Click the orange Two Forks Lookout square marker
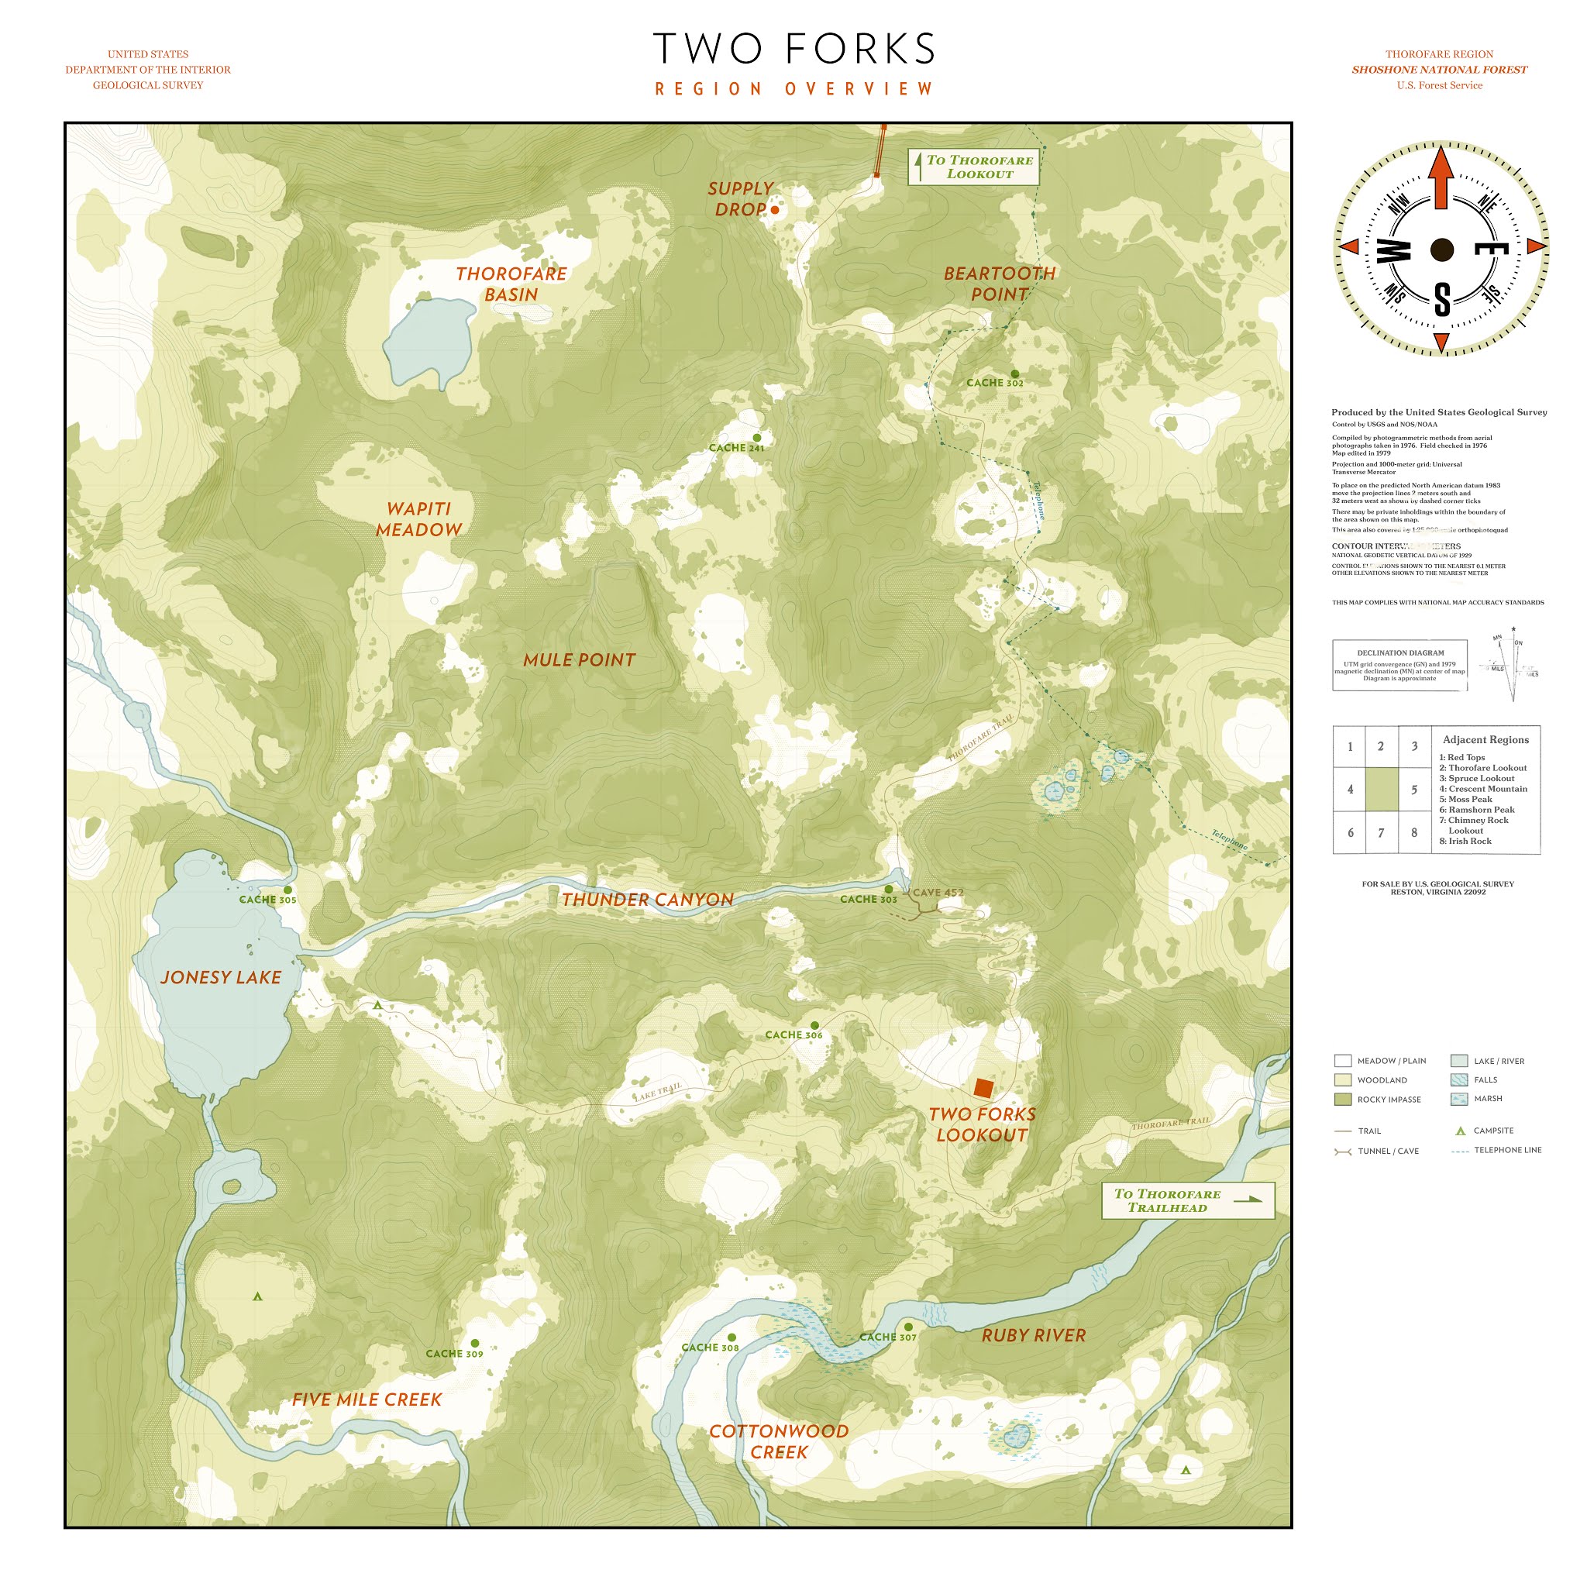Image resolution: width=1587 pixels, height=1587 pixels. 983,1089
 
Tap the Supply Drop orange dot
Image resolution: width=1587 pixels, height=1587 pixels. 775,209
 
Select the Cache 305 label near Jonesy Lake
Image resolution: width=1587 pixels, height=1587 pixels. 267,900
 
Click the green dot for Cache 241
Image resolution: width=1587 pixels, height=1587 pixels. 756,437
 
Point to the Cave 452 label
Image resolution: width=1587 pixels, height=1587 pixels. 938,892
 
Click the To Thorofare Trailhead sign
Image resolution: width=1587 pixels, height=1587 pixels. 1187,1200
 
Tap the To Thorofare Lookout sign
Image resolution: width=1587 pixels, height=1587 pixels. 973,167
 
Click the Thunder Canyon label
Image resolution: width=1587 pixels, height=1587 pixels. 647,900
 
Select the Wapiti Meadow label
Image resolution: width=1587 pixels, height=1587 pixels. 419,519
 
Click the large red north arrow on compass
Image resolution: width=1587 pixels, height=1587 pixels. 1441,177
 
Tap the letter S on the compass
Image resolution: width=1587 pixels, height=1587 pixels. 1441,299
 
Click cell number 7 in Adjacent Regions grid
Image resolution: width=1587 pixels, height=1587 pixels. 1381,832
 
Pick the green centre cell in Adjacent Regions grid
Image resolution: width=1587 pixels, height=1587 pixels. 1381,789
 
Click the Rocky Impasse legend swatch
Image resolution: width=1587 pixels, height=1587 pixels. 1343,1099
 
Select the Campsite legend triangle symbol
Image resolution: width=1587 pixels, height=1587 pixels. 1461,1131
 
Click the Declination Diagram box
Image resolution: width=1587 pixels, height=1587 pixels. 1399,665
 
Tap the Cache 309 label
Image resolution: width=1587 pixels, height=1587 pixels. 453,1354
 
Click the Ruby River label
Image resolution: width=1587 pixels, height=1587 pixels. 1034,1335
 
